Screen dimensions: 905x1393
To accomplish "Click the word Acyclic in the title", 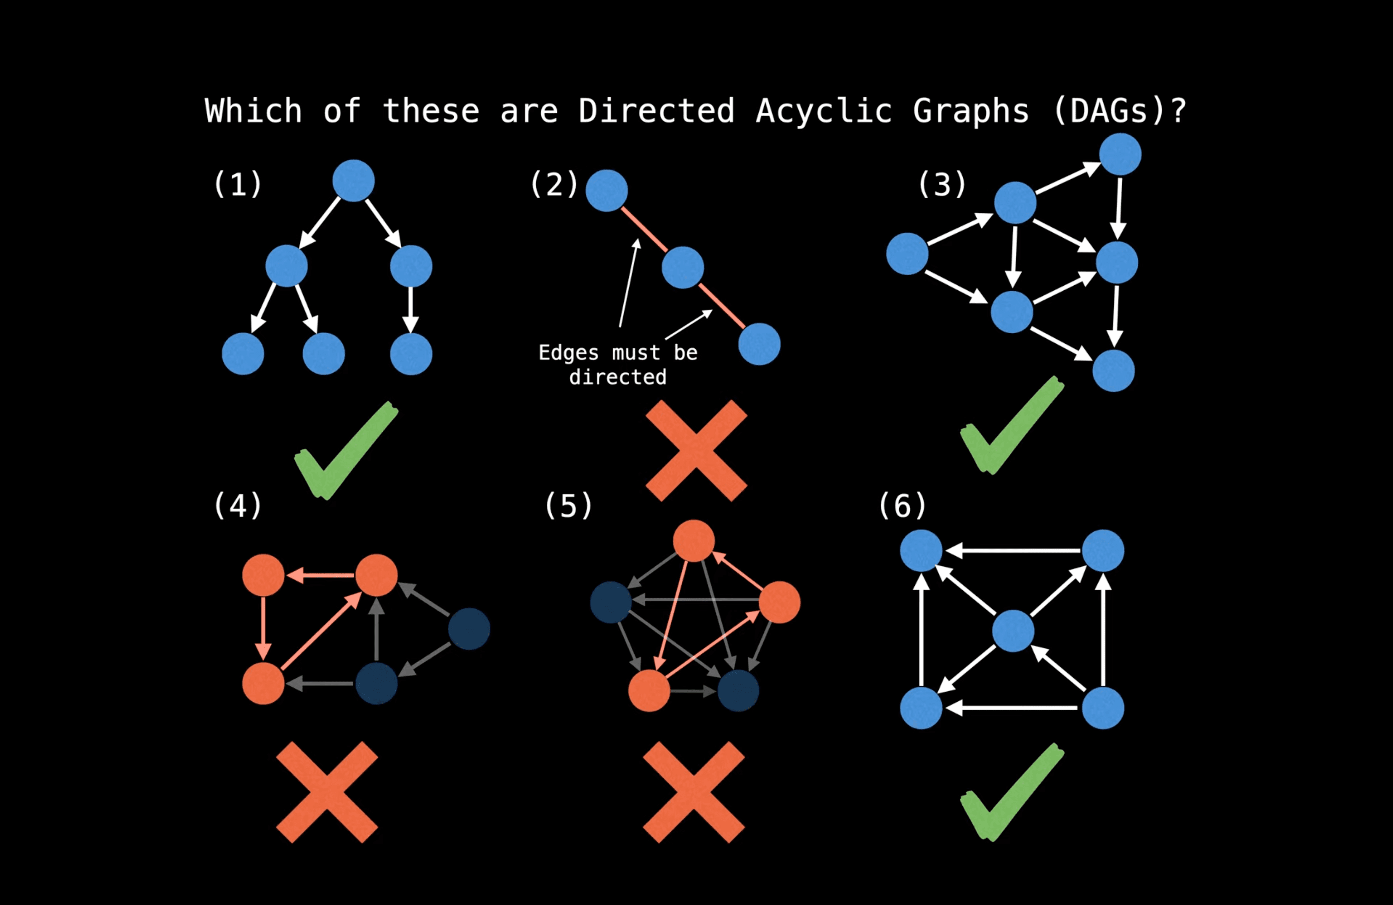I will pos(824,111).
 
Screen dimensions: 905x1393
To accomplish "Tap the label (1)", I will pos(237,184).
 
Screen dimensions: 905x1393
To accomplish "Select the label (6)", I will pos(902,506).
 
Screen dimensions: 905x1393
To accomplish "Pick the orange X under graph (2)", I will pos(696,451).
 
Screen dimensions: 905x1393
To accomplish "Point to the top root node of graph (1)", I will pos(353,181).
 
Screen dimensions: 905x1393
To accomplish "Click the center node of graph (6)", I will pos(1013,630).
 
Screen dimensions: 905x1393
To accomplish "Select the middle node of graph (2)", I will pos(683,268).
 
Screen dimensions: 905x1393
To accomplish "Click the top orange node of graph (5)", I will pos(694,541).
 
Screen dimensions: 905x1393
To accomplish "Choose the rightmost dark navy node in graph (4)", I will pos(469,629).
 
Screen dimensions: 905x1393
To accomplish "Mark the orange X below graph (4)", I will pos(327,792).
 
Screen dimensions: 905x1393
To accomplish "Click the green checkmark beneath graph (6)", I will pos(1012,792).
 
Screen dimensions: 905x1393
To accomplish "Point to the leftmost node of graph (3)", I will pos(907,253).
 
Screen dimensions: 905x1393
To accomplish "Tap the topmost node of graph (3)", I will pos(1120,154).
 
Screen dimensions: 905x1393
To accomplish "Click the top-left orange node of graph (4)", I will pos(263,575).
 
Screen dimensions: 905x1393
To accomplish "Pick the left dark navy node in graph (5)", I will pos(610,602).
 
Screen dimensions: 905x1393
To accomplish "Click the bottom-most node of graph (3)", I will pos(1113,370).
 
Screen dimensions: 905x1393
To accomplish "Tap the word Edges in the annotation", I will pos(568,353).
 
